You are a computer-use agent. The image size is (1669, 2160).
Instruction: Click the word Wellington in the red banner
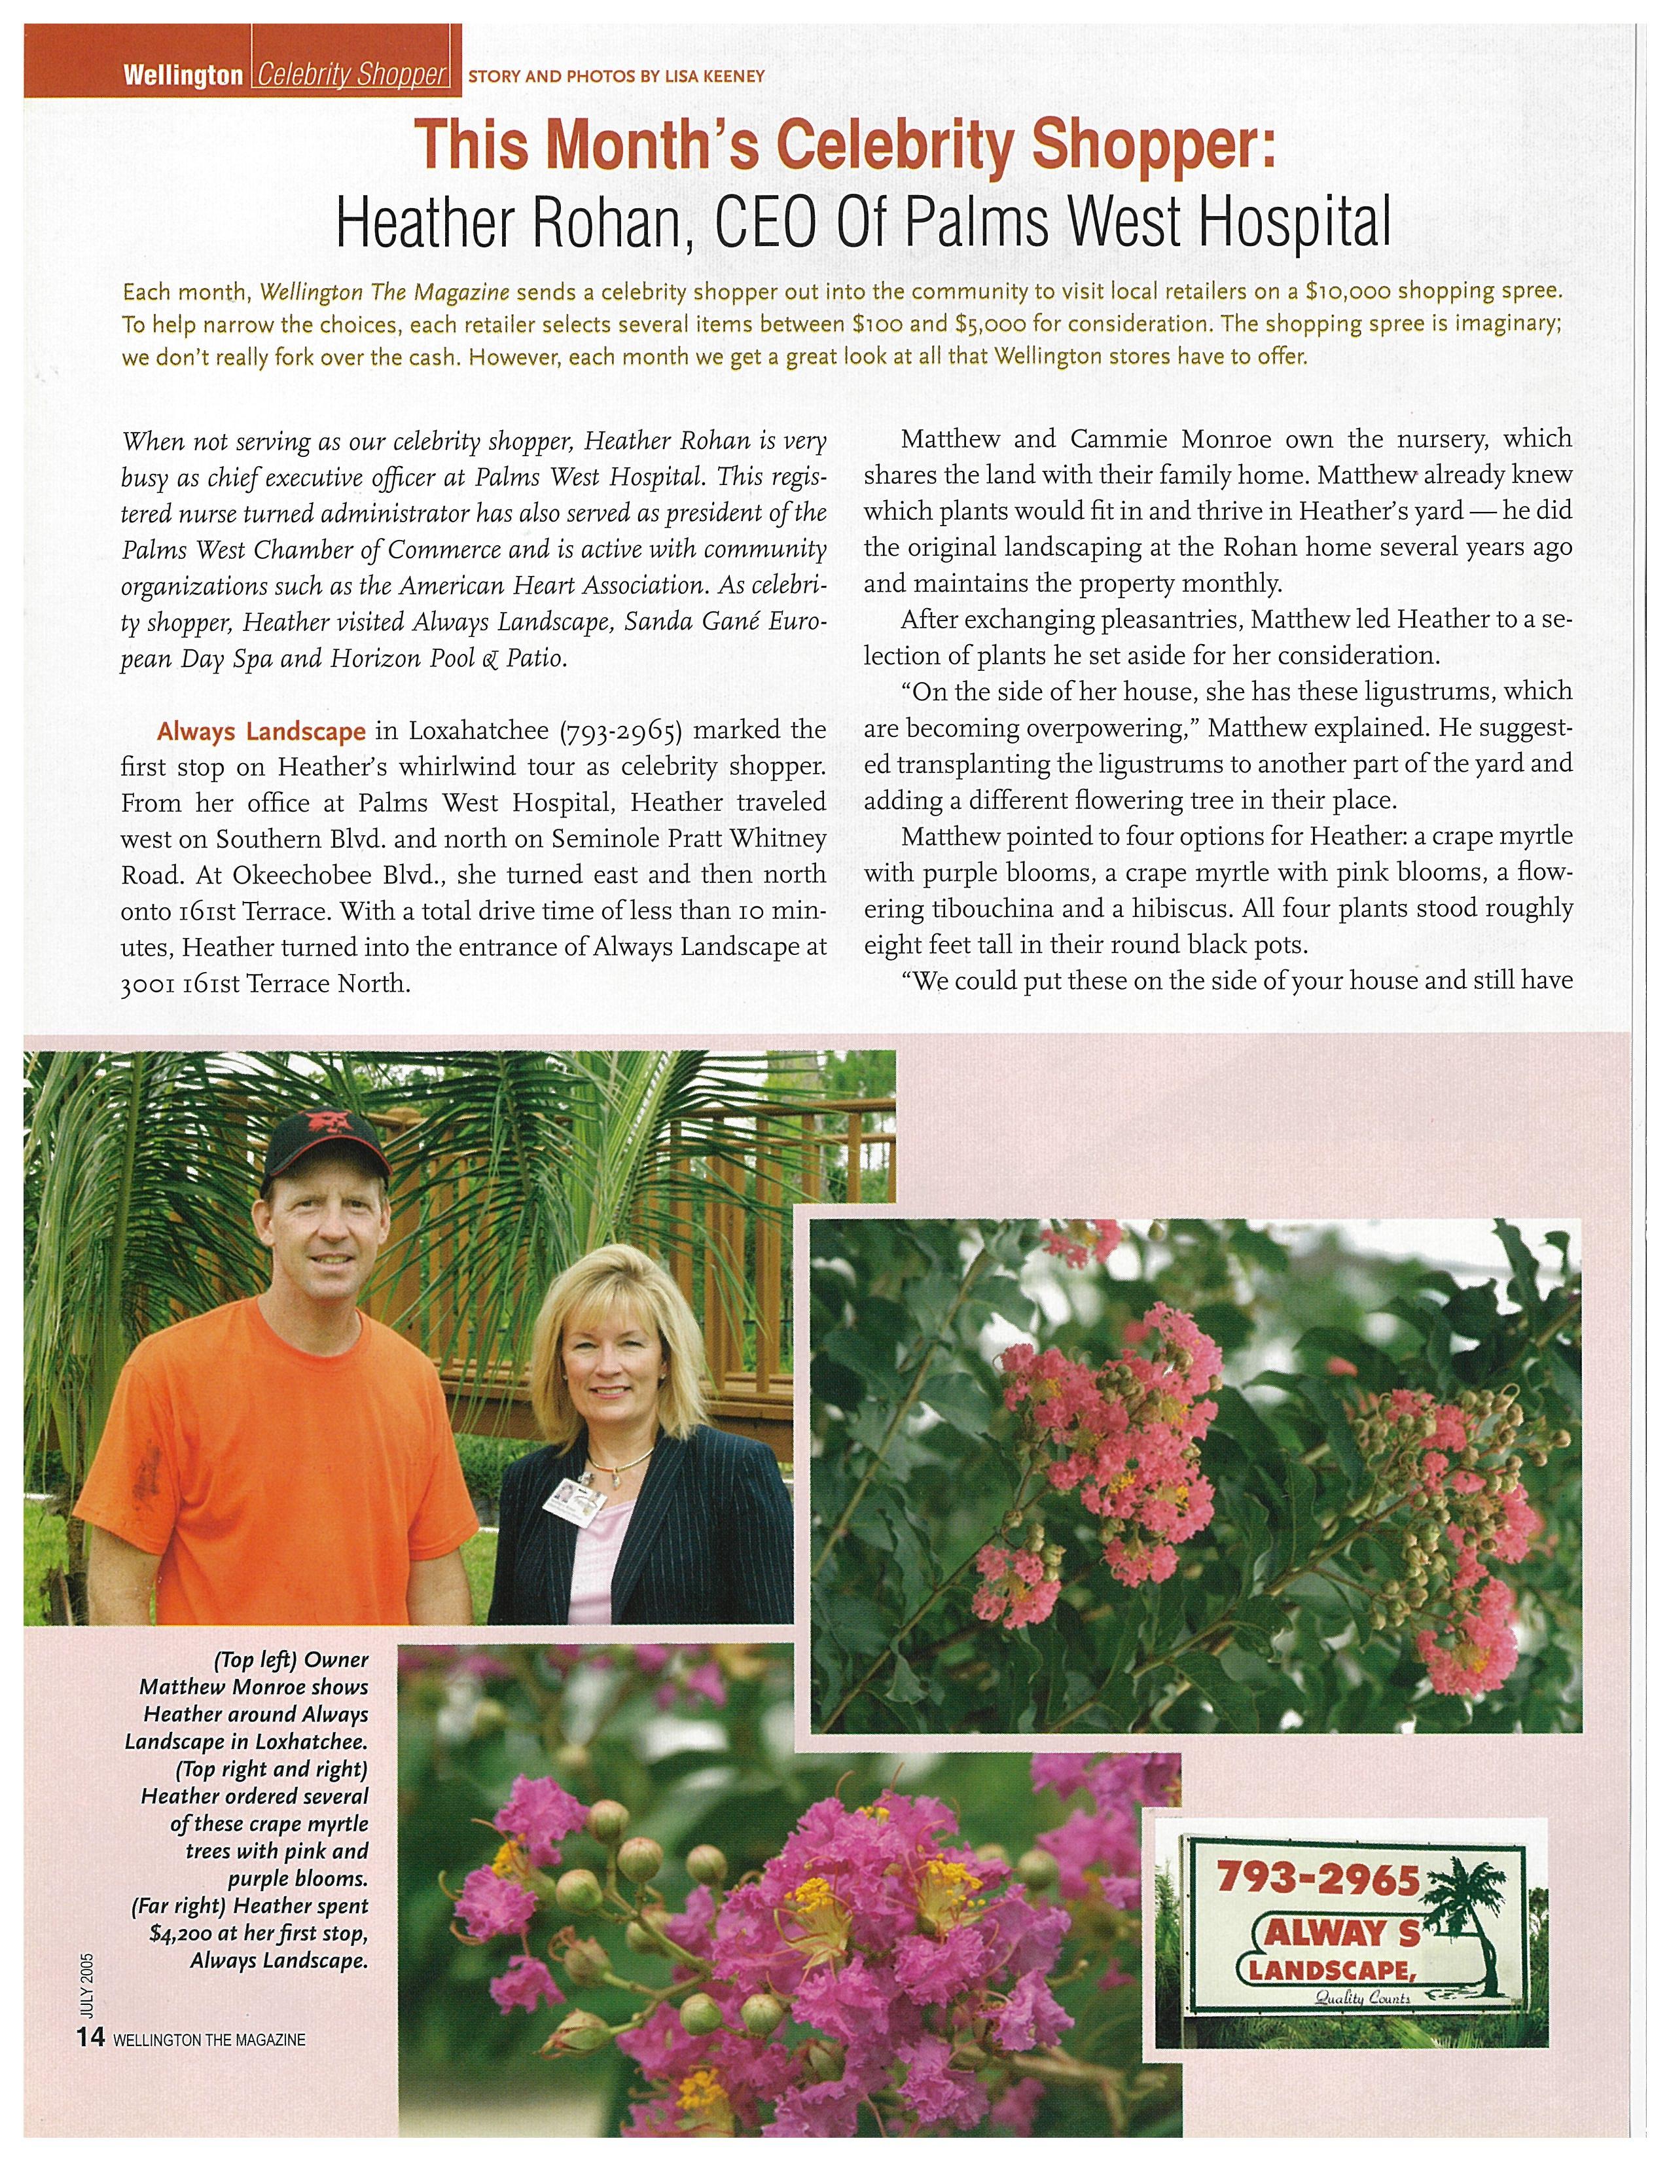(x=183, y=75)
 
